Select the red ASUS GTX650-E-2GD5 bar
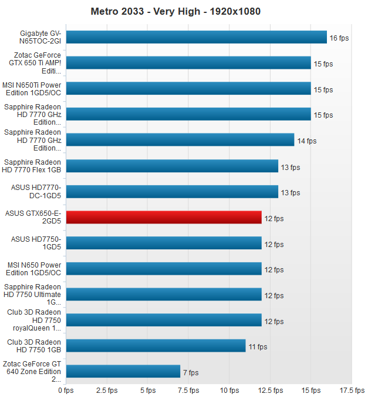coord(164,218)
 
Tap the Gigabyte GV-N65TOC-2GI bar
coord(196,37)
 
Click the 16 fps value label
coord(339,38)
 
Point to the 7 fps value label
coord(191,372)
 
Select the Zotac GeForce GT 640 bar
coord(123,372)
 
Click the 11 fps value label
coord(258,347)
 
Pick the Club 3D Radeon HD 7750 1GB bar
coord(156,346)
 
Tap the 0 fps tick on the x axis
coord(66,390)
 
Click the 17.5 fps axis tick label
coord(352,390)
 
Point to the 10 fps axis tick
coord(229,390)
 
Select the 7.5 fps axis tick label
coord(188,390)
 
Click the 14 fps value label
coord(306,141)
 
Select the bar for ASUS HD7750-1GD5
coord(164,243)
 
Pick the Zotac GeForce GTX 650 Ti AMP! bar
coord(188,63)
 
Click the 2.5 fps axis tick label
coord(107,390)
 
